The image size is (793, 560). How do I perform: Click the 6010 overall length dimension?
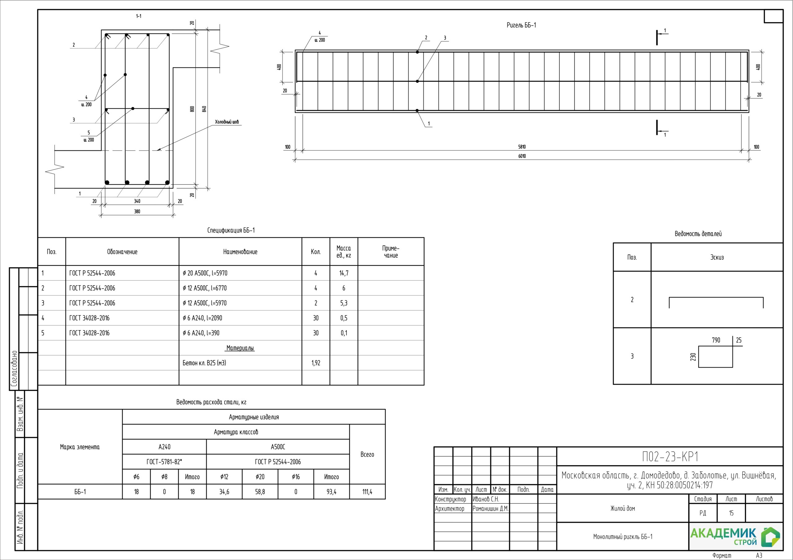coord(522,156)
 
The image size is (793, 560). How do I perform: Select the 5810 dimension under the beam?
coord(522,147)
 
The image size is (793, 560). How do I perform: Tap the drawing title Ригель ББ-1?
coord(521,25)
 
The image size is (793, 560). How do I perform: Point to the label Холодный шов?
coord(226,122)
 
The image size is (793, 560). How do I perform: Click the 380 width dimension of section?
coord(137,212)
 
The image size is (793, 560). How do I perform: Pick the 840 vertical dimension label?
coord(204,109)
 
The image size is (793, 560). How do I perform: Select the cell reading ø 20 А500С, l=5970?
coord(205,273)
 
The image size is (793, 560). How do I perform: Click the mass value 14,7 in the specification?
coord(344,273)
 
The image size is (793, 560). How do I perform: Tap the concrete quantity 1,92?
coord(316,363)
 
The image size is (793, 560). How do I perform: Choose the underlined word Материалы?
coord(240,348)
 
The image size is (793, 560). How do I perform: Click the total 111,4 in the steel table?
coord(367,492)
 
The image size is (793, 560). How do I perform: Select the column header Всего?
coord(367,454)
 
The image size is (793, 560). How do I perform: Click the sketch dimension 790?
coord(716,340)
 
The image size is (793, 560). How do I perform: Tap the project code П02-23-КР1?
coord(670,457)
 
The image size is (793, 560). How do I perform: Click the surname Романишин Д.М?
coord(490,509)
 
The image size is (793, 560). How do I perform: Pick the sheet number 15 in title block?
coord(731,513)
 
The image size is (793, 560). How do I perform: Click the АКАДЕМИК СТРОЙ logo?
coord(735,536)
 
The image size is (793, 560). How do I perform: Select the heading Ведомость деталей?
coord(698,234)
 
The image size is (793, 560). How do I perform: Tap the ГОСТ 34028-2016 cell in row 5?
coord(90,333)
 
